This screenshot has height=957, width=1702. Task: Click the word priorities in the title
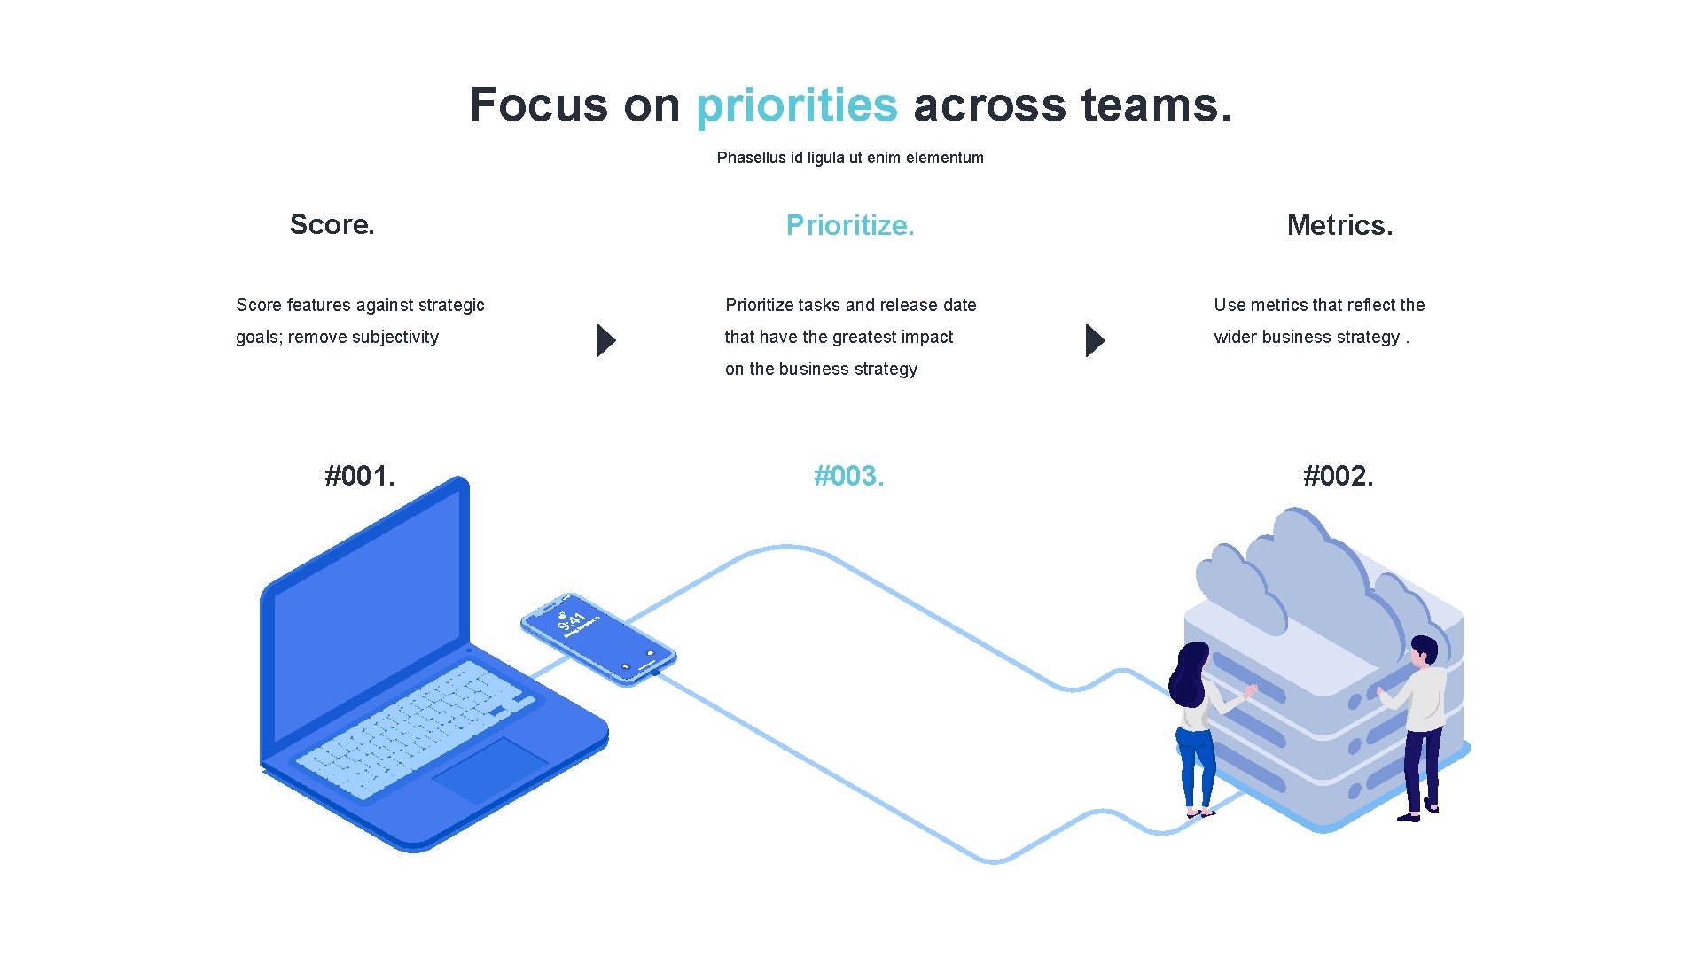pos(796,105)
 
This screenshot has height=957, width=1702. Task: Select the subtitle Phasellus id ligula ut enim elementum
pos(850,158)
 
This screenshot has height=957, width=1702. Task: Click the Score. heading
pos(332,224)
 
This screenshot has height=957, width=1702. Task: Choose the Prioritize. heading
pos(849,225)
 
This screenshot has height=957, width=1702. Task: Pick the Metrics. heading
pos(1339,225)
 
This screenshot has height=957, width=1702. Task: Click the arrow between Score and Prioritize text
pos(605,340)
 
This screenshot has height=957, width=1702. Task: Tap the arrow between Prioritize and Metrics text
pos(1095,340)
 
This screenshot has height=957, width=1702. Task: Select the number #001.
pos(360,476)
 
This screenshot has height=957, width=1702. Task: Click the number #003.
pos(849,476)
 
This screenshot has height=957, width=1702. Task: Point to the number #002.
pos(1339,476)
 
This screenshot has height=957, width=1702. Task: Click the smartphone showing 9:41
pos(598,639)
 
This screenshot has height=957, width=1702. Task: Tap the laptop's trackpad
pos(489,769)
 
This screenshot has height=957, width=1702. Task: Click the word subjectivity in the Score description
pos(395,337)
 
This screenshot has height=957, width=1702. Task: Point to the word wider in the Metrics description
pos(1236,337)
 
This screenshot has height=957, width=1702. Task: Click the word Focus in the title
pos(538,105)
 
